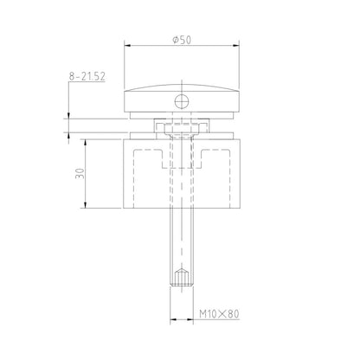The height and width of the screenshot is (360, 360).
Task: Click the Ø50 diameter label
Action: click(x=181, y=40)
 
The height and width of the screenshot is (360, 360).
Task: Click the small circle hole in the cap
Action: click(x=181, y=102)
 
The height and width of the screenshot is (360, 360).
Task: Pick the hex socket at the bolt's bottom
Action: click(x=181, y=279)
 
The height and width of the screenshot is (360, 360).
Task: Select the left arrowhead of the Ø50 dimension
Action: click(x=128, y=47)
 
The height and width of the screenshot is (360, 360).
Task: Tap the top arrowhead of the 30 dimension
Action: click(x=86, y=141)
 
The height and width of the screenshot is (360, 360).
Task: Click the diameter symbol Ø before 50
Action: click(x=176, y=40)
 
